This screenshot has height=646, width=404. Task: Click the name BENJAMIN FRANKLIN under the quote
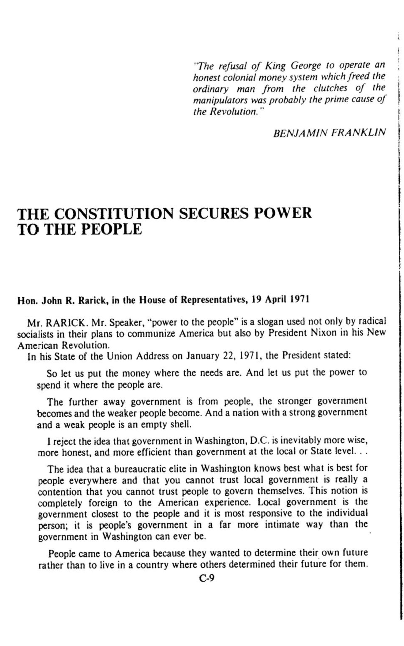click(329, 132)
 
